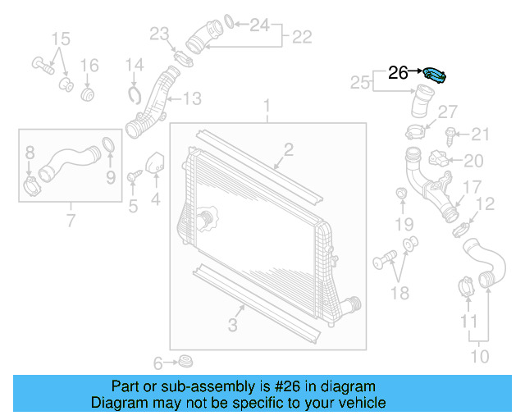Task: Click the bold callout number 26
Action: coord(398,73)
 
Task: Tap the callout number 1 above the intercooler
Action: coord(267,105)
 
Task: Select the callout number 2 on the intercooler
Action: coord(289,148)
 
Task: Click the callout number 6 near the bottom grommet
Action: coord(158,362)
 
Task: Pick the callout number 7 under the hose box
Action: coord(71,220)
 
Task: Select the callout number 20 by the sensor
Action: coord(474,161)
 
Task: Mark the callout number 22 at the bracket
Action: coord(302,37)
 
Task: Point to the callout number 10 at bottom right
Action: coord(480,355)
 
